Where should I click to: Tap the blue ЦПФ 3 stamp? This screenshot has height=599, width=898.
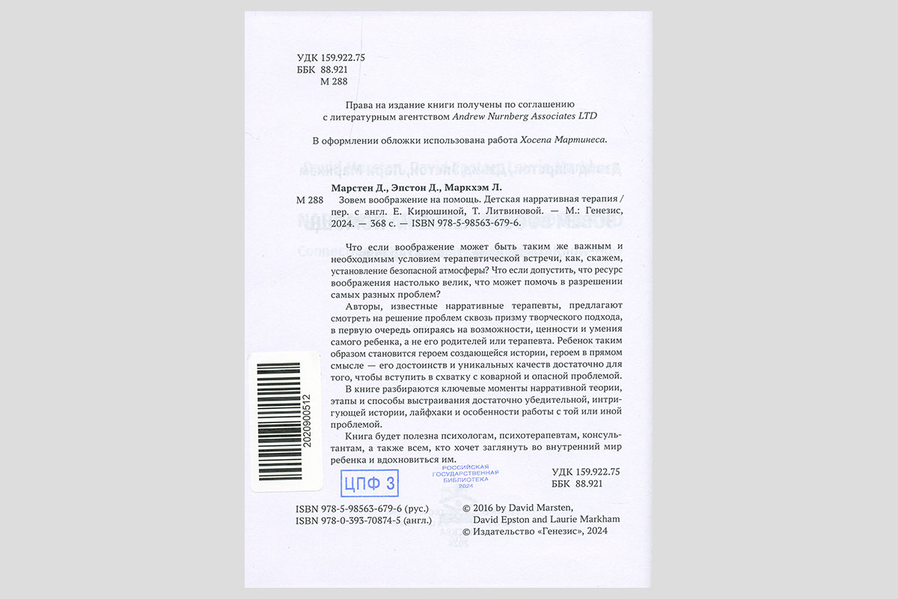point(369,484)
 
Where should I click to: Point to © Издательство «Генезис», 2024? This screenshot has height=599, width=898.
point(535,531)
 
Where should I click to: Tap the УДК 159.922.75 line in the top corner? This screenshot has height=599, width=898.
point(331,57)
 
